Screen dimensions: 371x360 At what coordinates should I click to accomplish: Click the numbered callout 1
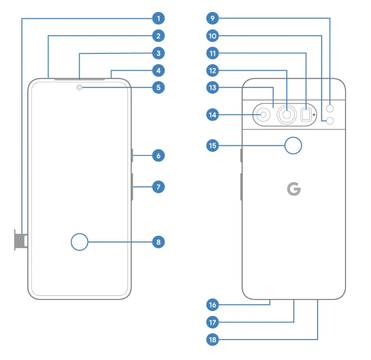tap(158, 18)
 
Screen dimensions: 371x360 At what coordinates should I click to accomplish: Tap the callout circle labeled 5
tap(158, 88)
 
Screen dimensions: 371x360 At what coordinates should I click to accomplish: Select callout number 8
tap(158, 242)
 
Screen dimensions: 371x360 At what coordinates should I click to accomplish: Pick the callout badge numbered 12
tap(213, 71)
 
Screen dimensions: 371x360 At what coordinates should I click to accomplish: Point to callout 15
tap(213, 145)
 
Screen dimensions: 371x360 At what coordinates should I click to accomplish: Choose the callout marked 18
tap(213, 340)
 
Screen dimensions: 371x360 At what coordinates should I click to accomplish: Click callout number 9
tap(213, 18)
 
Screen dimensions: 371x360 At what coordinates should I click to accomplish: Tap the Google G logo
tap(293, 189)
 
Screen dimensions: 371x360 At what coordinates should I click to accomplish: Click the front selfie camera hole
tap(80, 88)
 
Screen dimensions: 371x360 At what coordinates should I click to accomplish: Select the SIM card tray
tap(21, 240)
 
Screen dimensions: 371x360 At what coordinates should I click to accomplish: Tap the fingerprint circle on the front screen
tap(80, 242)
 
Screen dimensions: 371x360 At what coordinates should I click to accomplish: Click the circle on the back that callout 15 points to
tap(293, 145)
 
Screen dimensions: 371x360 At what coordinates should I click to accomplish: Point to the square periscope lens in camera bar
tap(306, 114)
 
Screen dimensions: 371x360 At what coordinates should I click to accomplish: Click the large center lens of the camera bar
tap(287, 114)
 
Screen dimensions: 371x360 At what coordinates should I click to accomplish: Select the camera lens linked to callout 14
tap(263, 115)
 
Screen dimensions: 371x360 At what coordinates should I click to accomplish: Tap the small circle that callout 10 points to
tap(330, 121)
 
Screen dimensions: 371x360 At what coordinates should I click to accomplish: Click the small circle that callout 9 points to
tap(330, 108)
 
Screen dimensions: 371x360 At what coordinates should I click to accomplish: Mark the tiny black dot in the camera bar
tap(314, 114)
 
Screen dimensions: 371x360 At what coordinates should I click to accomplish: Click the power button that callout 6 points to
tap(132, 155)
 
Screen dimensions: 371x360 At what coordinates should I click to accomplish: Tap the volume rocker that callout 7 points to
tap(132, 187)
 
